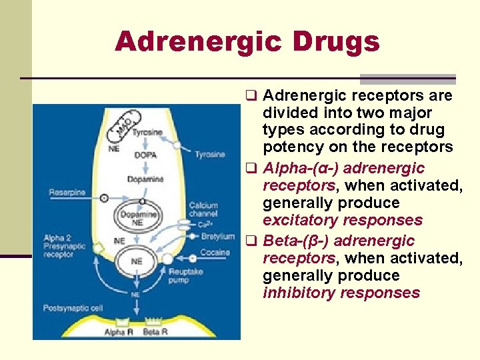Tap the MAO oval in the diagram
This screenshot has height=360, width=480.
tap(125, 124)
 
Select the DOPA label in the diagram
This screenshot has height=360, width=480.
tap(145, 155)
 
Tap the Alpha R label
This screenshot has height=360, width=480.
tap(119, 331)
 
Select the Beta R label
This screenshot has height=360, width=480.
tap(155, 331)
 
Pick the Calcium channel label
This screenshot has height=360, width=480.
tap(203, 210)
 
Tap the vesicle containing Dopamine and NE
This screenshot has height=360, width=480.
tap(137, 218)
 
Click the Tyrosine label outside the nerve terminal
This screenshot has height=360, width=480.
tap(210, 155)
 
